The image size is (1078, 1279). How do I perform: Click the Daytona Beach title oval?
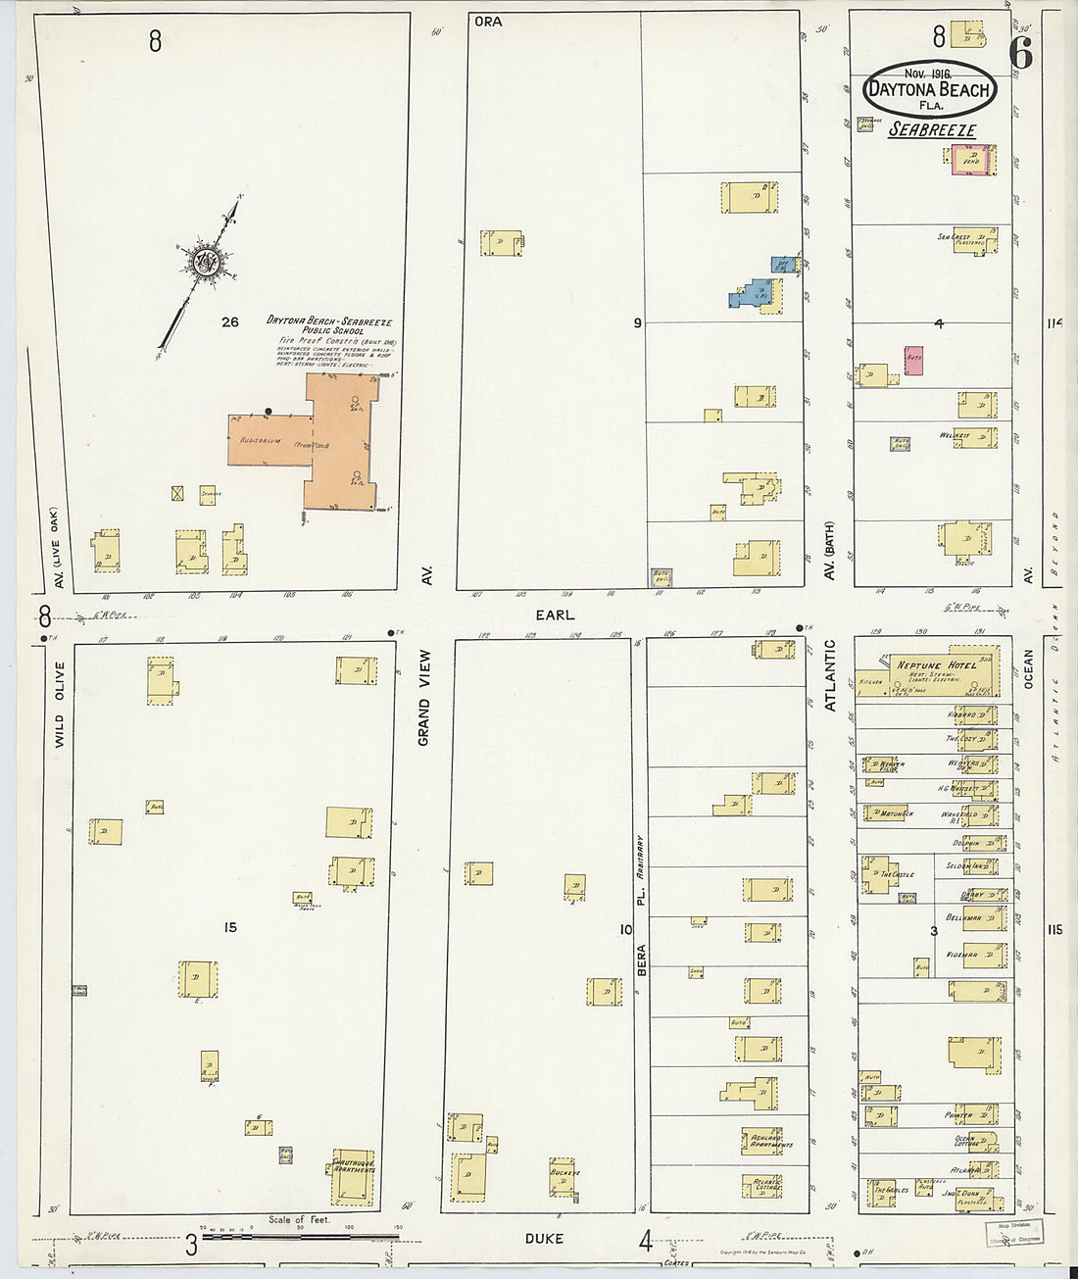[929, 89]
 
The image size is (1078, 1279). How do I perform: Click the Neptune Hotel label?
[935, 665]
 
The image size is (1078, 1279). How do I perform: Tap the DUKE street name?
[544, 1239]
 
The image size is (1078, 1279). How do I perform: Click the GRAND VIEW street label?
[424, 710]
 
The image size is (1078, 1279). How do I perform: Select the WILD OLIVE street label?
[60, 706]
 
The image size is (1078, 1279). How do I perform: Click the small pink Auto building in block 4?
[913, 360]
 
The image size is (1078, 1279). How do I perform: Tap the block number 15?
[229, 927]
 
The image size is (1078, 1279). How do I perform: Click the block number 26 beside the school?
[229, 321]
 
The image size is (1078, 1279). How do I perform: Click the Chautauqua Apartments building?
[354, 1176]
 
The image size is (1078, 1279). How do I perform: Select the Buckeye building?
[564, 1179]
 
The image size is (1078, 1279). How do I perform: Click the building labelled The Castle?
[879, 874]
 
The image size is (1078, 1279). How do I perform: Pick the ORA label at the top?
[488, 21]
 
